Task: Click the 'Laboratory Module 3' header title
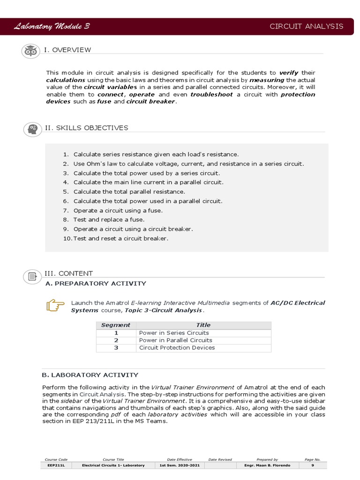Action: click(52, 26)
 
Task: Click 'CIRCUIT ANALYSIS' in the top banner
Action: click(306, 26)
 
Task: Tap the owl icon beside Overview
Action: click(31, 51)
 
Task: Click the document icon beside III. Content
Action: click(32, 276)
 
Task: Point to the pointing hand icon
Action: click(55, 306)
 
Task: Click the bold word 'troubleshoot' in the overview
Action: click(211, 94)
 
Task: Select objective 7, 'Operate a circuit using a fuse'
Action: click(118, 210)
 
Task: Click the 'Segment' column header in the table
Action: click(116, 325)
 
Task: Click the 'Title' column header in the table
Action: click(203, 325)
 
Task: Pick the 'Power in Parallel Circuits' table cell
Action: click(176, 340)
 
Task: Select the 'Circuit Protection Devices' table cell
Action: click(177, 348)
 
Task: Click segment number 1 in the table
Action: click(116, 333)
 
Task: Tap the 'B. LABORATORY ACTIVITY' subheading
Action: click(90, 375)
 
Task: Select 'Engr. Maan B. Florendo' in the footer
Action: click(267, 465)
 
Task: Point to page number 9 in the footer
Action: click(312, 465)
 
